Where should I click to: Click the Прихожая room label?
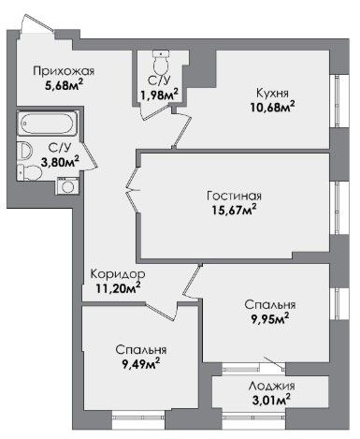click(x=64, y=71)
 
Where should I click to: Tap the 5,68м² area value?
click(x=65, y=84)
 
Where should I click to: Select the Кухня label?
click(x=272, y=93)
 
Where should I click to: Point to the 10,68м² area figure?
click(x=272, y=107)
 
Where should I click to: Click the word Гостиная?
click(x=234, y=196)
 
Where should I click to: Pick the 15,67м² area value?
click(x=234, y=210)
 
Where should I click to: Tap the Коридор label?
click(x=118, y=274)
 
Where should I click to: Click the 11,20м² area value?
click(x=118, y=288)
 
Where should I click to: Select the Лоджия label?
click(x=271, y=387)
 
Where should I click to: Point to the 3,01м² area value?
click(x=272, y=400)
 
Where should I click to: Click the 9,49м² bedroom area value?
click(x=141, y=363)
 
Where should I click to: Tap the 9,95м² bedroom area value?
click(x=270, y=318)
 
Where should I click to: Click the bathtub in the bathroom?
click(x=47, y=124)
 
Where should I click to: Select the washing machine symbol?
click(x=67, y=186)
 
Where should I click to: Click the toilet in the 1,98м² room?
click(x=162, y=62)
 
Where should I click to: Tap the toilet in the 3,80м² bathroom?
click(x=29, y=172)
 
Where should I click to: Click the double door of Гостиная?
click(x=133, y=190)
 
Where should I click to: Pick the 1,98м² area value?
click(x=159, y=95)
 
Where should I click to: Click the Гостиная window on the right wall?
click(x=338, y=208)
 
